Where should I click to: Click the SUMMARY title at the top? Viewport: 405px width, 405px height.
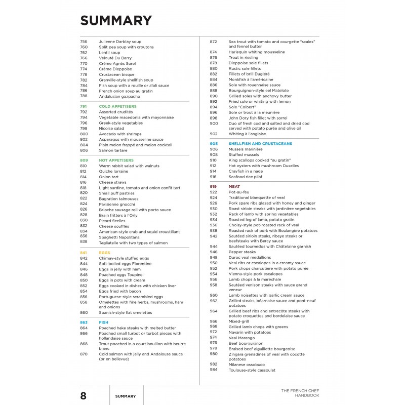click(116, 20)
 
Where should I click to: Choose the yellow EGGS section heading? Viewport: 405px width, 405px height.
click(104, 252)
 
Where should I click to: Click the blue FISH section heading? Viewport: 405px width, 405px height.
click(103, 322)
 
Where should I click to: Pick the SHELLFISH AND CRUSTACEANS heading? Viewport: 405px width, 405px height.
click(260, 144)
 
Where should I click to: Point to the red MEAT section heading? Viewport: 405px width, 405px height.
click(234, 187)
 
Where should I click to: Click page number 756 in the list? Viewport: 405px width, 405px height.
click(84, 42)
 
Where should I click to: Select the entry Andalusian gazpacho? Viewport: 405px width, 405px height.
click(119, 96)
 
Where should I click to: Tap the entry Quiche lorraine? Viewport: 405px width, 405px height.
click(113, 171)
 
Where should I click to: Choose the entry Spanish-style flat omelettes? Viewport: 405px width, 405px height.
click(125, 312)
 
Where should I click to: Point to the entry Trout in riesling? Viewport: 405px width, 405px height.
click(244, 58)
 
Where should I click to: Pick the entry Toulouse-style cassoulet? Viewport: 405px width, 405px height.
click(252, 370)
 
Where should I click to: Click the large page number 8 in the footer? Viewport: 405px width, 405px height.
click(84, 396)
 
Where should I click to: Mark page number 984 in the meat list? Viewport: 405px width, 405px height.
click(214, 370)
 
